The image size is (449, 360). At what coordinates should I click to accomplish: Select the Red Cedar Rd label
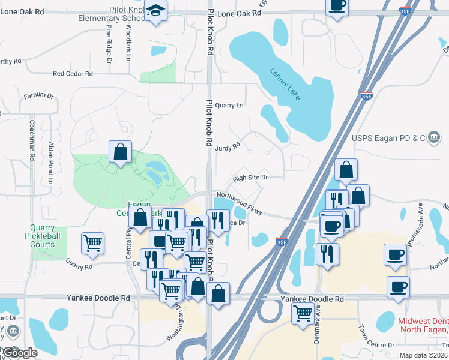[x=73, y=74]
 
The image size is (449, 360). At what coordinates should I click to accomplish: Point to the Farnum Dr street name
[x=39, y=96]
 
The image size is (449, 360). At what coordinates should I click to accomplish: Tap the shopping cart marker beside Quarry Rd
[x=92, y=243]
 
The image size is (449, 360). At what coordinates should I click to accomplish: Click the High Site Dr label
[x=250, y=178]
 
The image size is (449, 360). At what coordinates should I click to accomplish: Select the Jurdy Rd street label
[x=228, y=145]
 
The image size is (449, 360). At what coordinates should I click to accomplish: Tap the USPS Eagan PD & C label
[x=388, y=139]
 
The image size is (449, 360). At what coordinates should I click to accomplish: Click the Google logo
[x=20, y=353]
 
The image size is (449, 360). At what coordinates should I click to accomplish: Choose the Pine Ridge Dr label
[x=109, y=44]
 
